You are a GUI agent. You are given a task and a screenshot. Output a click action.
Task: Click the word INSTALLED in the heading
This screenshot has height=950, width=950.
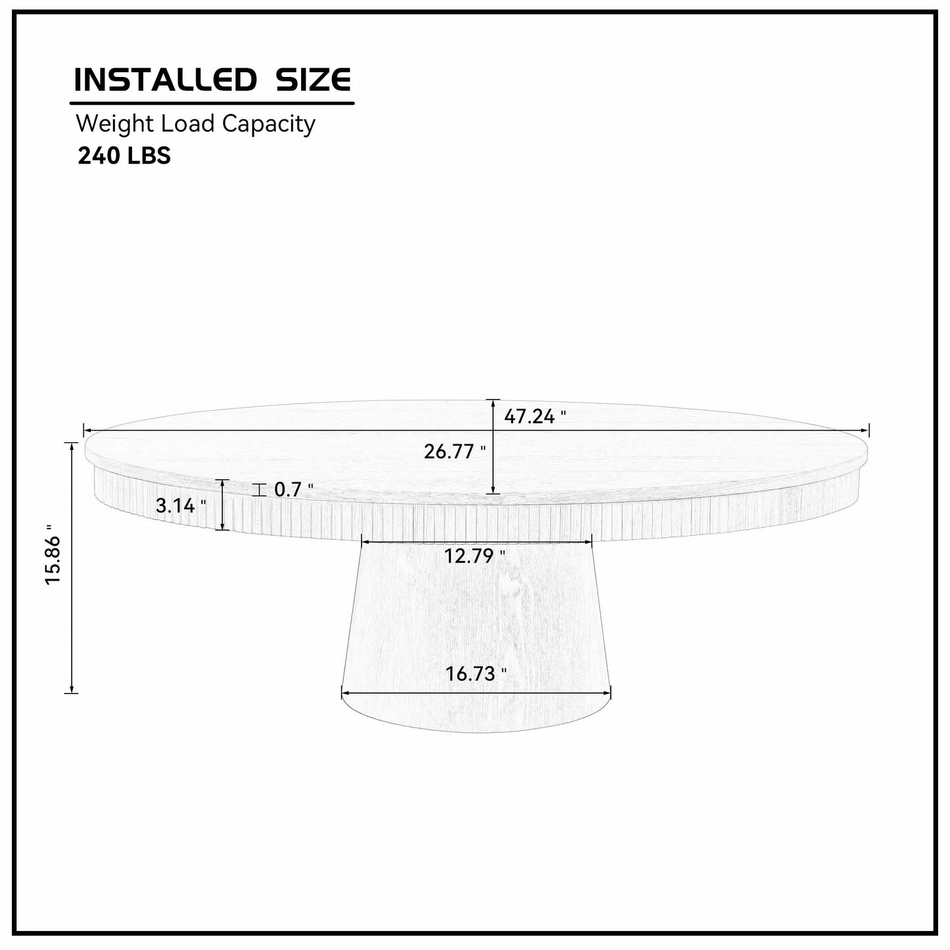pos(164,80)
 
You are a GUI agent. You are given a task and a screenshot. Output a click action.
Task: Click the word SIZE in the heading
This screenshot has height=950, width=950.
pos(312,80)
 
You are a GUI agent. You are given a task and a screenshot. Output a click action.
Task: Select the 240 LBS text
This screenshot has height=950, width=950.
pos(124,156)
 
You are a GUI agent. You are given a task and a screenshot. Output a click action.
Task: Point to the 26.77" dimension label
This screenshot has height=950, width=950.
pos(454,452)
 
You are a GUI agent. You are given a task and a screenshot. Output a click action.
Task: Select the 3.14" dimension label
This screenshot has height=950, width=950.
pos(181,506)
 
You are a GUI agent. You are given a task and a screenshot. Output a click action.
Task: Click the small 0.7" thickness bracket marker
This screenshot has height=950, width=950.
pos(260,490)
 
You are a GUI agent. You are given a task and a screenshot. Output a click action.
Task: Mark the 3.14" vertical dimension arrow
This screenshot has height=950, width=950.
pos(223,505)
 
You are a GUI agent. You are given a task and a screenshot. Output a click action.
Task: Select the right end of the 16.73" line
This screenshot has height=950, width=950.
pos(610,692)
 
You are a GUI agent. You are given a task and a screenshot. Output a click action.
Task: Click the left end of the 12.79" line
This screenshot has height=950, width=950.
pos(362,541)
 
